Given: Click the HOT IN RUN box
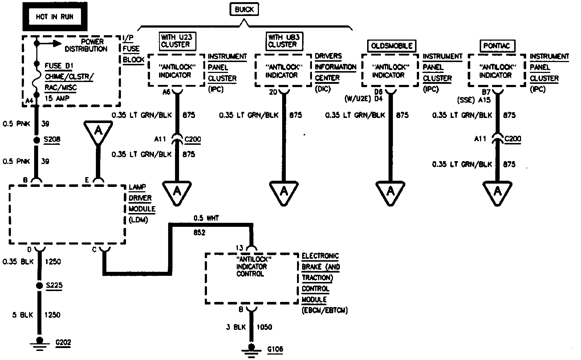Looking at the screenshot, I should pos(54,17).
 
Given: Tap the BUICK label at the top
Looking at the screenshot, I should pos(244,9).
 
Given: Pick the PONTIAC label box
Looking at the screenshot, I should pos(496,46).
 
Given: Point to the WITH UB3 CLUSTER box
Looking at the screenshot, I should pos(283,41).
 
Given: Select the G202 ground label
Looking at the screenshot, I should pos(63,342).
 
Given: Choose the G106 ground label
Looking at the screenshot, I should pos(275,349).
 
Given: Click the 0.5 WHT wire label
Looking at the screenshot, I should pos(206,218).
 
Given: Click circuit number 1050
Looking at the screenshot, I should pos(264,327).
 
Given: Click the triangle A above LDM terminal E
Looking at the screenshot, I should pos(98,131).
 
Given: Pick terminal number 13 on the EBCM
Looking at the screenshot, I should pos(239,248).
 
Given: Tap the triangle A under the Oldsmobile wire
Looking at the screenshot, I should pos(390,191).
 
